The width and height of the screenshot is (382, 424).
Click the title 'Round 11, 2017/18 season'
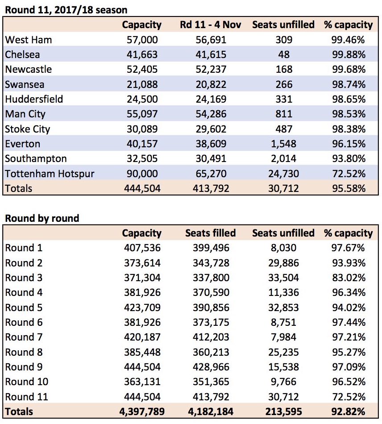(x=66, y=10)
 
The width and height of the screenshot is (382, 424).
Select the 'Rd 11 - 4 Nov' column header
(x=211, y=25)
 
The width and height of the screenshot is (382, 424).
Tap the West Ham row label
(x=29, y=40)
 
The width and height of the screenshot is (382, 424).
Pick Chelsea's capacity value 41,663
(x=142, y=54)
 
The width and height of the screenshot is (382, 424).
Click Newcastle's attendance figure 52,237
(x=211, y=69)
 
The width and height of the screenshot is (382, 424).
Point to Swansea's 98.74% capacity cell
(x=349, y=84)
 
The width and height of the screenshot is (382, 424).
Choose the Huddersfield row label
(x=34, y=99)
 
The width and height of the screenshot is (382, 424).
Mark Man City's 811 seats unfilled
(x=284, y=114)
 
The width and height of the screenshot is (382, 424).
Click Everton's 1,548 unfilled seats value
(x=283, y=144)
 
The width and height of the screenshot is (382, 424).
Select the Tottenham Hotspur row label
(x=50, y=174)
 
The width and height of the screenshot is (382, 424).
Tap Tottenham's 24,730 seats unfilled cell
(x=283, y=174)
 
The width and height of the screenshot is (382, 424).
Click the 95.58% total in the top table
(x=349, y=188)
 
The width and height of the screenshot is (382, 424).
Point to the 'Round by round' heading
(x=42, y=218)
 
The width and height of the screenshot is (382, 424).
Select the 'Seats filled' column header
(x=211, y=233)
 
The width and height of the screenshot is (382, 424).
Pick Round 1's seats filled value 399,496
(x=211, y=248)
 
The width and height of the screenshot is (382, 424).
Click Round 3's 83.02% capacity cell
(x=349, y=278)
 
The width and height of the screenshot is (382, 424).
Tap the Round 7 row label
(x=24, y=337)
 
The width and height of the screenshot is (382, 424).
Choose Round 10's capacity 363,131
(x=142, y=382)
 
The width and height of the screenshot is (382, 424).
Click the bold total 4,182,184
(x=211, y=412)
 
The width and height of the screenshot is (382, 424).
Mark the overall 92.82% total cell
(x=349, y=412)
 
